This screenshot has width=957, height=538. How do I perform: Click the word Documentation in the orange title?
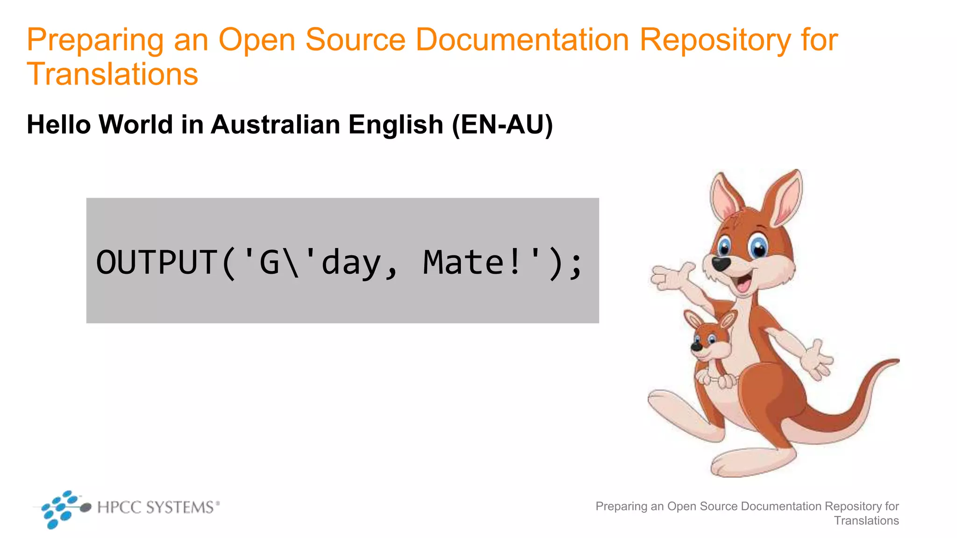click(x=522, y=40)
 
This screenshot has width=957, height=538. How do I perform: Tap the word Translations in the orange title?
click(x=113, y=74)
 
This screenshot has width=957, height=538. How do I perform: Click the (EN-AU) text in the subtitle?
click(x=502, y=125)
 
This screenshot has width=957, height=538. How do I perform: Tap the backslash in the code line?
click(x=291, y=262)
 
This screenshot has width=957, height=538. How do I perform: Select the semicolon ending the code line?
click(x=576, y=265)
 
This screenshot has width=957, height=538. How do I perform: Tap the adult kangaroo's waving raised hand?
click(x=673, y=277)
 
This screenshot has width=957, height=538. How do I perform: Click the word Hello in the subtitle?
click(x=59, y=125)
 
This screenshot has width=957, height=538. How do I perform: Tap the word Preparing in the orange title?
click(x=95, y=40)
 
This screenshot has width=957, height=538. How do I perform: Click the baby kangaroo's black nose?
click(x=696, y=347)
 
